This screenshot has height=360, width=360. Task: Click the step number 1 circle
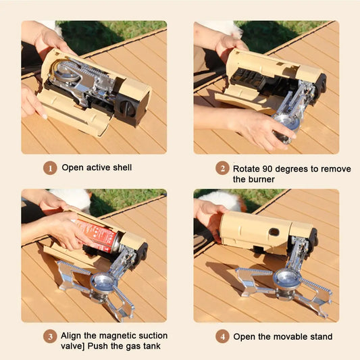50,168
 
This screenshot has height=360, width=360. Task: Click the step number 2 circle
222,168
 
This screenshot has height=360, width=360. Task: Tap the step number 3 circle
50,336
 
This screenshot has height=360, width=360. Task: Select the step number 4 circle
222,336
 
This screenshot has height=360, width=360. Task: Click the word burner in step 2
261,179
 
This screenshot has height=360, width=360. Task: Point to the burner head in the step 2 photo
283,125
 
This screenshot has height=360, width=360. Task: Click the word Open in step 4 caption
245,336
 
